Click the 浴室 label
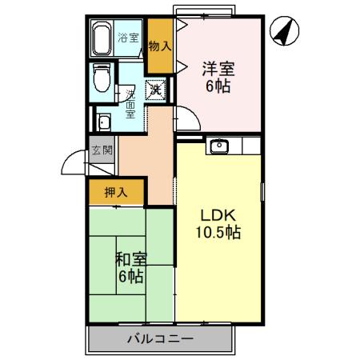coord(128,38)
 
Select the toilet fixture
coord(102,78)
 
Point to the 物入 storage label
coord(160,45)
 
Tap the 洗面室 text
coord(130,103)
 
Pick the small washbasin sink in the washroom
coord(103,122)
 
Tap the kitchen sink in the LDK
coord(218,146)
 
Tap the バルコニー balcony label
coord(160,339)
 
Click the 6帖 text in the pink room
coord(218,86)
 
